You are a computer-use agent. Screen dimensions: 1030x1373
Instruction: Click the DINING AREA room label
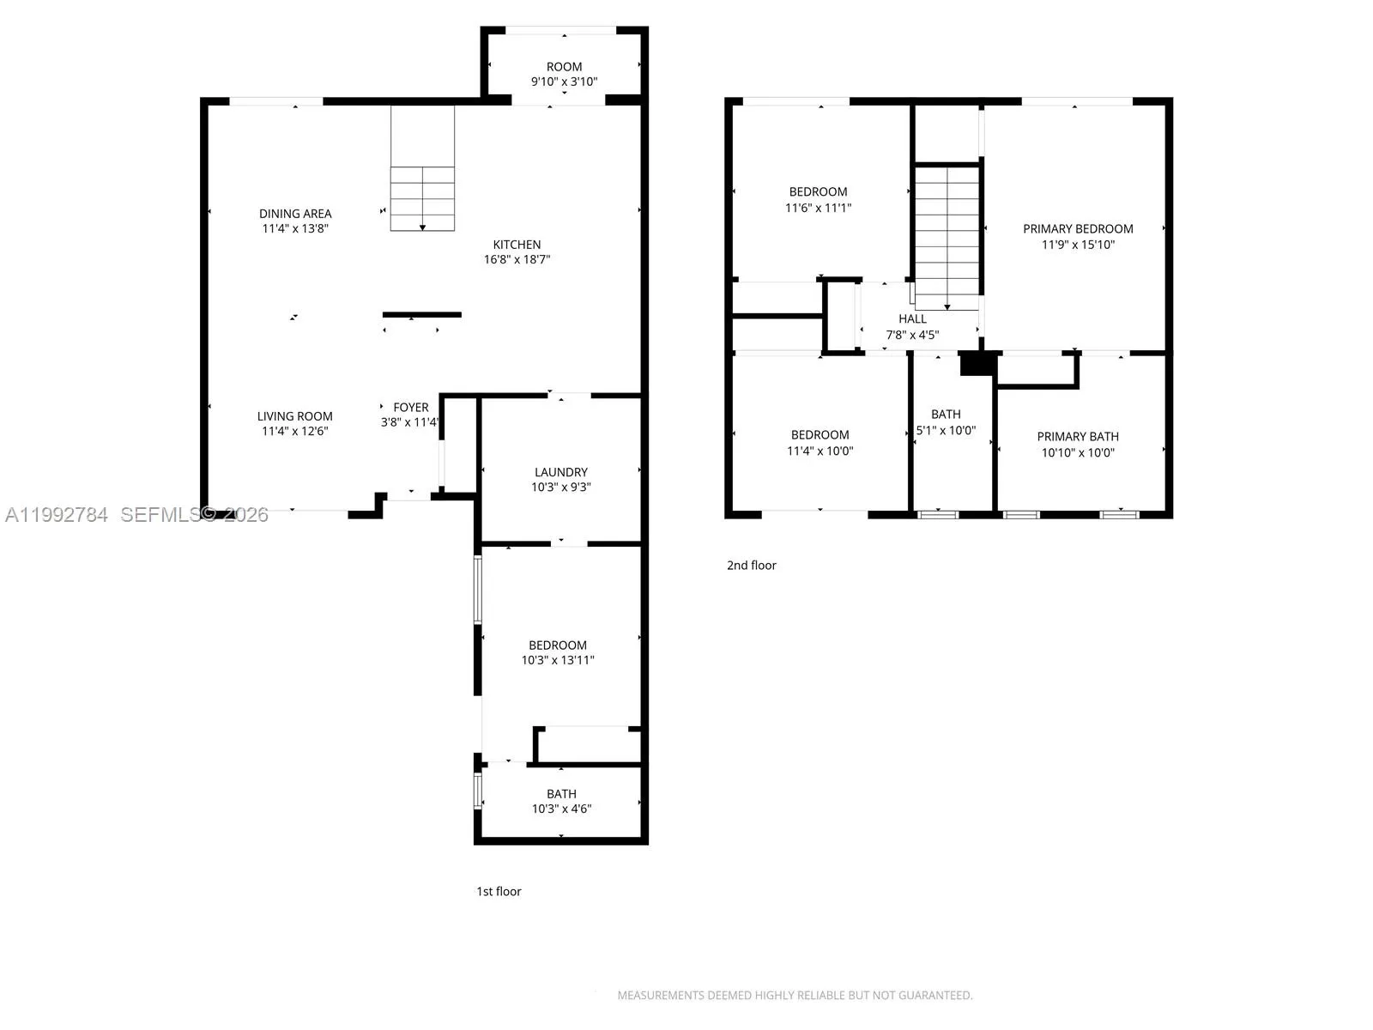(295, 214)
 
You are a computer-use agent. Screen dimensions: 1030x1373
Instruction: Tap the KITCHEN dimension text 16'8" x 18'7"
(517, 259)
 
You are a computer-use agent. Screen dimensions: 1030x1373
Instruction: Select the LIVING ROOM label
(295, 416)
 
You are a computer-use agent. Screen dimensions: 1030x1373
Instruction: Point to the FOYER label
(411, 408)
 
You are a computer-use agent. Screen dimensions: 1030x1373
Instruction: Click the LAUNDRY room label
(561, 472)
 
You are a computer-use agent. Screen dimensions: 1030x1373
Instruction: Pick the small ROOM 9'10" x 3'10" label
(564, 67)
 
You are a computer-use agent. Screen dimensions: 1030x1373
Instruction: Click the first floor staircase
(422, 198)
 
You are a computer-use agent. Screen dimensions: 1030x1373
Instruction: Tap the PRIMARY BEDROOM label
(1078, 229)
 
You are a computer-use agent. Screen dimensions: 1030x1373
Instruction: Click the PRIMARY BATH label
(1078, 437)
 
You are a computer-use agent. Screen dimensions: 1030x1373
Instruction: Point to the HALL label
(912, 319)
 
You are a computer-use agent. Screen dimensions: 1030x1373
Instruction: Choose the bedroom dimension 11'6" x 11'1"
(818, 208)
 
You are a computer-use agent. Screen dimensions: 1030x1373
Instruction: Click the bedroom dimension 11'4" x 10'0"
(820, 451)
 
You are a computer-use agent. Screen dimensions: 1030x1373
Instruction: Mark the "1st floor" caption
(499, 892)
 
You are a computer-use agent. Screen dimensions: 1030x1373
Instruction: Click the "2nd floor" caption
(751, 566)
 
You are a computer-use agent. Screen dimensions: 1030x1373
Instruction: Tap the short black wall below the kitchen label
(421, 315)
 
